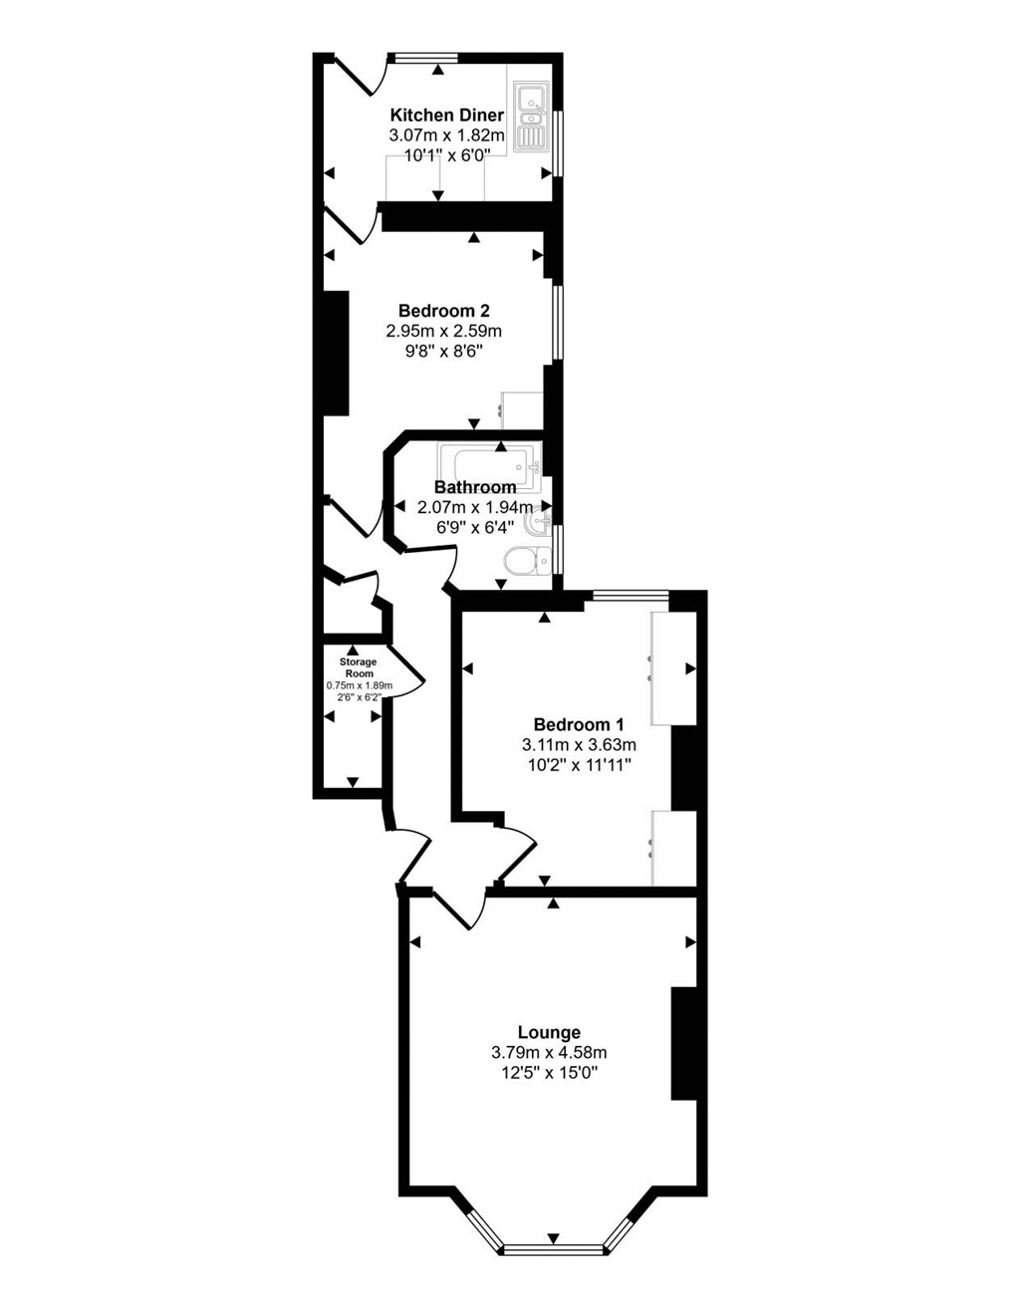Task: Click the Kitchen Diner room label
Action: click(446, 116)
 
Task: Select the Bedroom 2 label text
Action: click(443, 310)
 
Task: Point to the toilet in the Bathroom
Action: click(525, 562)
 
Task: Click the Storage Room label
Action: click(359, 667)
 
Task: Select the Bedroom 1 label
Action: click(578, 724)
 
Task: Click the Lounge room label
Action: click(549, 1032)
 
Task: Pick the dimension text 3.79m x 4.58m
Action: click(549, 1052)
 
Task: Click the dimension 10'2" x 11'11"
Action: click(578, 765)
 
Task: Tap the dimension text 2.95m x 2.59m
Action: click(443, 330)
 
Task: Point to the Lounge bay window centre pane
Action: click(553, 1247)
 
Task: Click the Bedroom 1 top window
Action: click(630, 596)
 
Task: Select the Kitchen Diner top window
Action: click(425, 58)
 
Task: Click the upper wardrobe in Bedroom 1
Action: click(673, 667)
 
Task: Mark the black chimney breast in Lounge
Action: click(684, 1043)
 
